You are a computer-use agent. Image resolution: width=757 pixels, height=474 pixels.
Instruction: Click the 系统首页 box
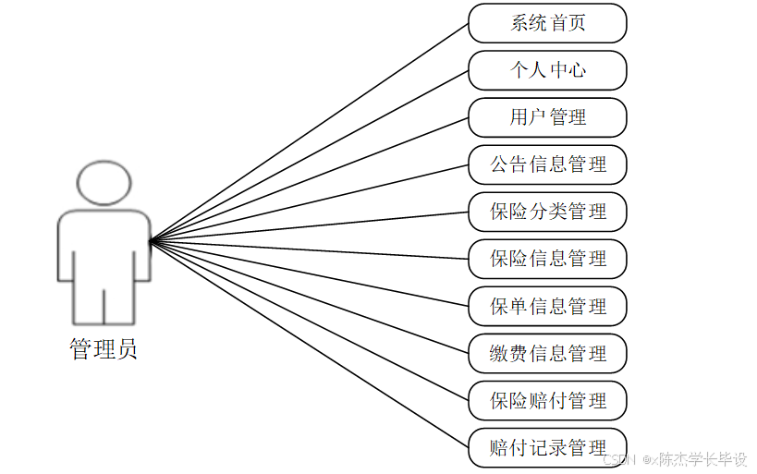pos(547,23)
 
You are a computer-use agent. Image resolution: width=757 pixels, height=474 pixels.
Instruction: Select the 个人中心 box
pos(547,70)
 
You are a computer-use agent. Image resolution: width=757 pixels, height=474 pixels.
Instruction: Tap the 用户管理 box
pos(547,117)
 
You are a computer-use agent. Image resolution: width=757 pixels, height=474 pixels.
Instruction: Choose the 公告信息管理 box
pos(547,164)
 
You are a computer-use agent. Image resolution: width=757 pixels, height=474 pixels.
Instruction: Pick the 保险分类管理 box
pos(547,212)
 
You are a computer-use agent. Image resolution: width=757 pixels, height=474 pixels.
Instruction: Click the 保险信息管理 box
pos(547,259)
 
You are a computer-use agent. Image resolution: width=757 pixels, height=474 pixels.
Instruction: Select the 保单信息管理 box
pos(547,306)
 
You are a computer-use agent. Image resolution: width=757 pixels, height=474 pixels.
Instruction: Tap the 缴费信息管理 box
pos(547,353)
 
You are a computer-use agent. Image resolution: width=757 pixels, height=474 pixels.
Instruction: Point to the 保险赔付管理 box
pos(547,400)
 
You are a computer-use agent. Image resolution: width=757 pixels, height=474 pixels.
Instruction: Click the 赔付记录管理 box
pos(547,447)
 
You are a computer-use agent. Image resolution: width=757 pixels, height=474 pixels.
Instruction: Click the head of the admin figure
pos(104,182)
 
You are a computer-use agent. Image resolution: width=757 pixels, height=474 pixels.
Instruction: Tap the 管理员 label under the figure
pos(104,349)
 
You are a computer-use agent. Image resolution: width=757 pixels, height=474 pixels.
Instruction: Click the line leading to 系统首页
pos(310,131)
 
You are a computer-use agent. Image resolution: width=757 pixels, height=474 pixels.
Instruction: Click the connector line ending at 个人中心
pos(310,155)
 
